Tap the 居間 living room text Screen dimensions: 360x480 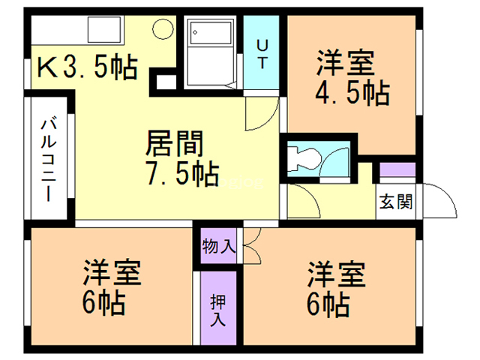[x=175, y=142]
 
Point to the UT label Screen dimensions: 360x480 [x=262, y=54]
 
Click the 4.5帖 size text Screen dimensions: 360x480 [x=350, y=92]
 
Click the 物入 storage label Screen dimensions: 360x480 [x=220, y=245]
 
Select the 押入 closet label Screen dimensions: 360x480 [x=217, y=308]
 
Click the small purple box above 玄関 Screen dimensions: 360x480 [x=397, y=170]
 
